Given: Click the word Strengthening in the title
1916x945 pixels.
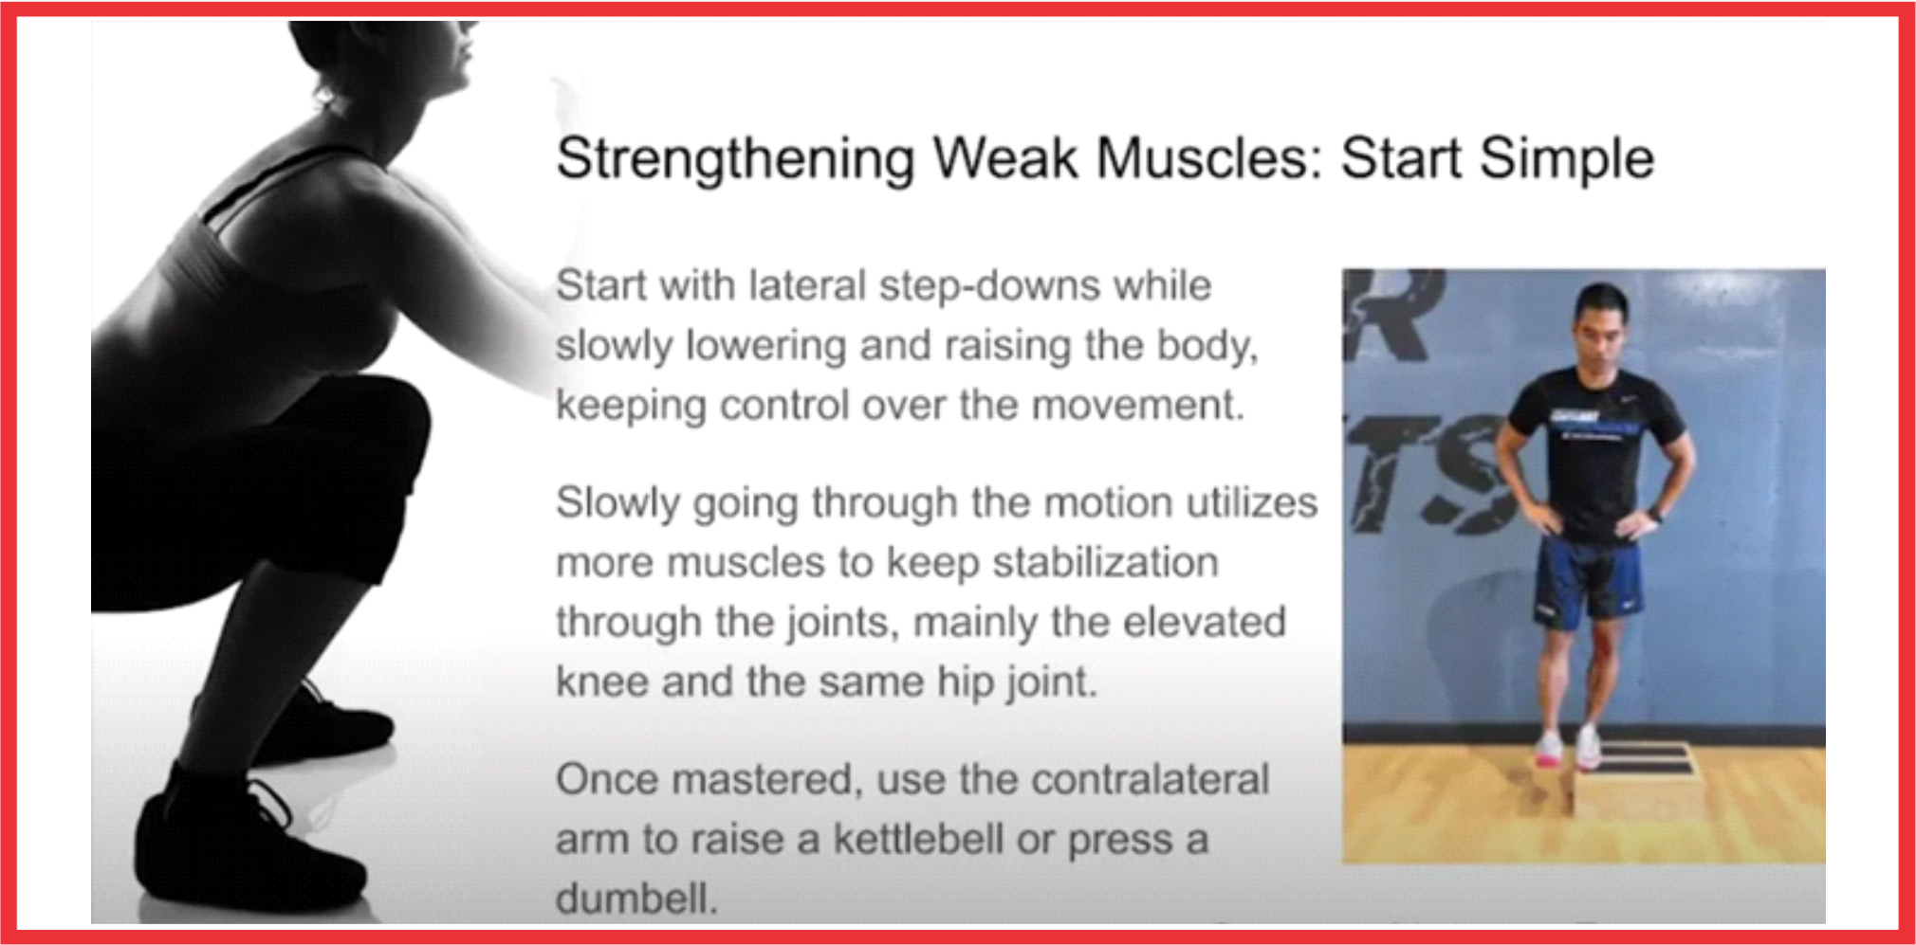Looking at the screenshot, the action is pyautogui.click(x=735, y=159).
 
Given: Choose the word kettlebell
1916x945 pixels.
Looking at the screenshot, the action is pyautogui.click(x=918, y=839).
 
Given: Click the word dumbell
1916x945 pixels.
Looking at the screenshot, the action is pyautogui.click(x=636, y=899).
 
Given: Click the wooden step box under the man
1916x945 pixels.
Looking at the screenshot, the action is pyautogui.click(x=1633, y=779).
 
